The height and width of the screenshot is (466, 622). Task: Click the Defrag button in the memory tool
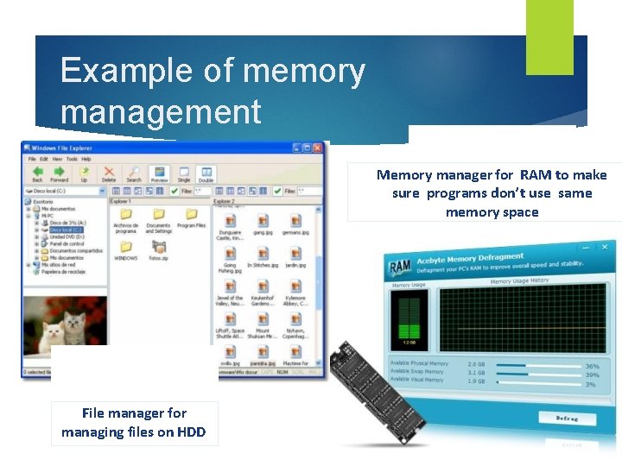(x=568, y=418)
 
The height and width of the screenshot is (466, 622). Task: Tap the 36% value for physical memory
(x=592, y=366)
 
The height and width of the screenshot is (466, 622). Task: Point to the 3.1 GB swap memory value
(x=476, y=373)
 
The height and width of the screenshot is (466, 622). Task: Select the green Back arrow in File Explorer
(x=36, y=173)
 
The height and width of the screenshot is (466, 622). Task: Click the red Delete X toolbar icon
(x=109, y=173)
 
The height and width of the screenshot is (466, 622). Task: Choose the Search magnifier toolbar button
(x=134, y=173)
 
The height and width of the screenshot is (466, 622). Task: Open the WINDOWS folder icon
(x=126, y=245)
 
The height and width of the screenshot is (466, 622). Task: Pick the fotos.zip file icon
(x=158, y=245)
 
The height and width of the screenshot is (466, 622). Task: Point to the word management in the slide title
(x=161, y=112)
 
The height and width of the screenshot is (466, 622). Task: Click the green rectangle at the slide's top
(x=549, y=36)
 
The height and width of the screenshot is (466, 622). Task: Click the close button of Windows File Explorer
(x=319, y=148)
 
